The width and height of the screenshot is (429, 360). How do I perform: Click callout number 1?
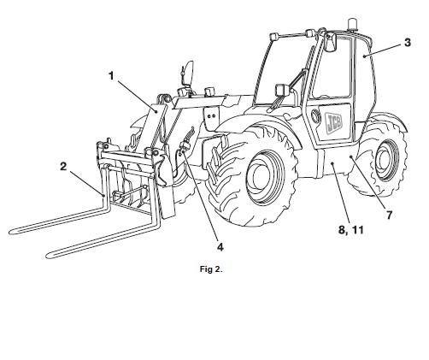pos(111,76)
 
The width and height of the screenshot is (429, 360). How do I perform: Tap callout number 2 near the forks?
pos(63,167)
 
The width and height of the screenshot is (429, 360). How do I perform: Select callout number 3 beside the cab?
pos(408,43)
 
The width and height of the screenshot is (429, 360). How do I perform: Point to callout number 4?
pos(220,247)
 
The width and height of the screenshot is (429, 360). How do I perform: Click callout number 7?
pos(389,215)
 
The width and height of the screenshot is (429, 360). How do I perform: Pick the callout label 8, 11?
pos(351,229)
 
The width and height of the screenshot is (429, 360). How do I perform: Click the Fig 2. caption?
pos(211,269)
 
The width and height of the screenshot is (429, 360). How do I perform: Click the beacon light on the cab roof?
pos(353,24)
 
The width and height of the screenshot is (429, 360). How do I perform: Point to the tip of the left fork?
pos(11,233)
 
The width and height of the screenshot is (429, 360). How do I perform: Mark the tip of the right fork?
pos(49,256)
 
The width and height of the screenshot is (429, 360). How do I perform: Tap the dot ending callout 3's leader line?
pos(364,56)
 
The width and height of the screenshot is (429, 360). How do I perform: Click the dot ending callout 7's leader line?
pos(351,156)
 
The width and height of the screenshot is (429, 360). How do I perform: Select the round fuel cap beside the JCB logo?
pos(315,116)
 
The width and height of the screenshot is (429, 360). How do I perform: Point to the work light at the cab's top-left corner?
pos(273,37)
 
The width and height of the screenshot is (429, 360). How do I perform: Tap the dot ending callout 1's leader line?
pos(156,111)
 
